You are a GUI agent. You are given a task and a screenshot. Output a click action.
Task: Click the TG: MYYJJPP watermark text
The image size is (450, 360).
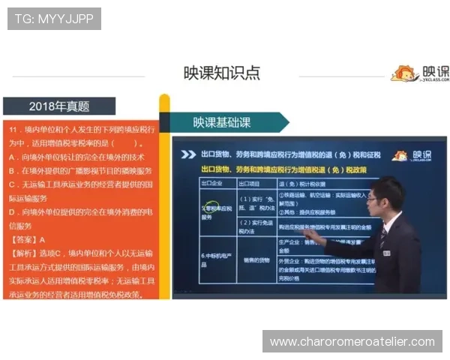54,18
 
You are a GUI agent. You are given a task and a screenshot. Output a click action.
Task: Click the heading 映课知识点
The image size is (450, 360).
222,73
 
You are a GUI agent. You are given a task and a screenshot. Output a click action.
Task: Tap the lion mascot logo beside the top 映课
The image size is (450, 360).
403,73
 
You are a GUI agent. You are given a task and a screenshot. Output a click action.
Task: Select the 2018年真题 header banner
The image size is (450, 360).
59,106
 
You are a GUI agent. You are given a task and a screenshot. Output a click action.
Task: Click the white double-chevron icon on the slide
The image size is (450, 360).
187,154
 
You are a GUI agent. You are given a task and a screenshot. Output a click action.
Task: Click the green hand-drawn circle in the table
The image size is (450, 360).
213,206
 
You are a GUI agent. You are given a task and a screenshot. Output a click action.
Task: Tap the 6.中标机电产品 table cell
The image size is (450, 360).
214,259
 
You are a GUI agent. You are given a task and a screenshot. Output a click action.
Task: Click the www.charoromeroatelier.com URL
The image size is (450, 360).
352,342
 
